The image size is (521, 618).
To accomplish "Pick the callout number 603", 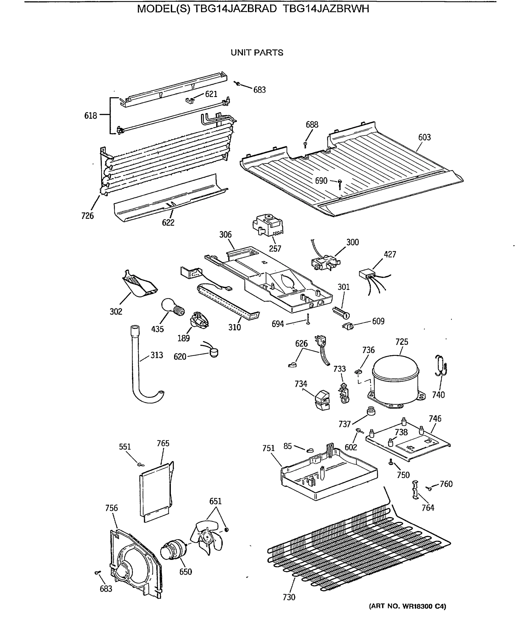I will tap(424, 137).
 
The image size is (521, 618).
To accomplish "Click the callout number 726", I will tap(87, 216).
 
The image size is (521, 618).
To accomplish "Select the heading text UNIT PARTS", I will tap(257, 53).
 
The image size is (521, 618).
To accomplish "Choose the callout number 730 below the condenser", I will tap(289, 597).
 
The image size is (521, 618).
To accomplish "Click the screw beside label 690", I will tap(340, 184).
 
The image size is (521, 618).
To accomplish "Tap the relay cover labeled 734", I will tap(322, 400).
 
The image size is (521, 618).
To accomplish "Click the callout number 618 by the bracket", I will tap(90, 116).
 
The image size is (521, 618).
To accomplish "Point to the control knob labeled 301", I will tap(342, 313).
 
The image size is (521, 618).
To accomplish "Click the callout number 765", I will tap(163, 443).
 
